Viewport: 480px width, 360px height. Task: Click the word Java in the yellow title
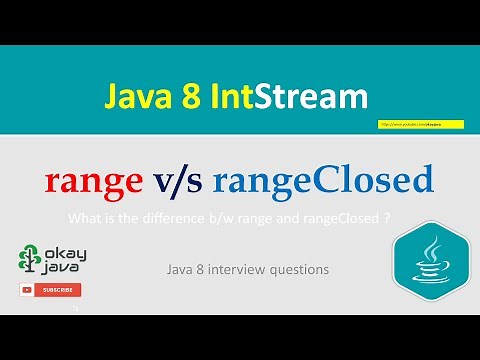(x=134, y=97)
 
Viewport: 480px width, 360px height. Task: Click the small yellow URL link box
(x=410, y=125)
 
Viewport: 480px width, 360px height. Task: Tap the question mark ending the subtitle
(x=386, y=218)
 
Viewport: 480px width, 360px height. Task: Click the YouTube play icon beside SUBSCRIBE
(x=28, y=290)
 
